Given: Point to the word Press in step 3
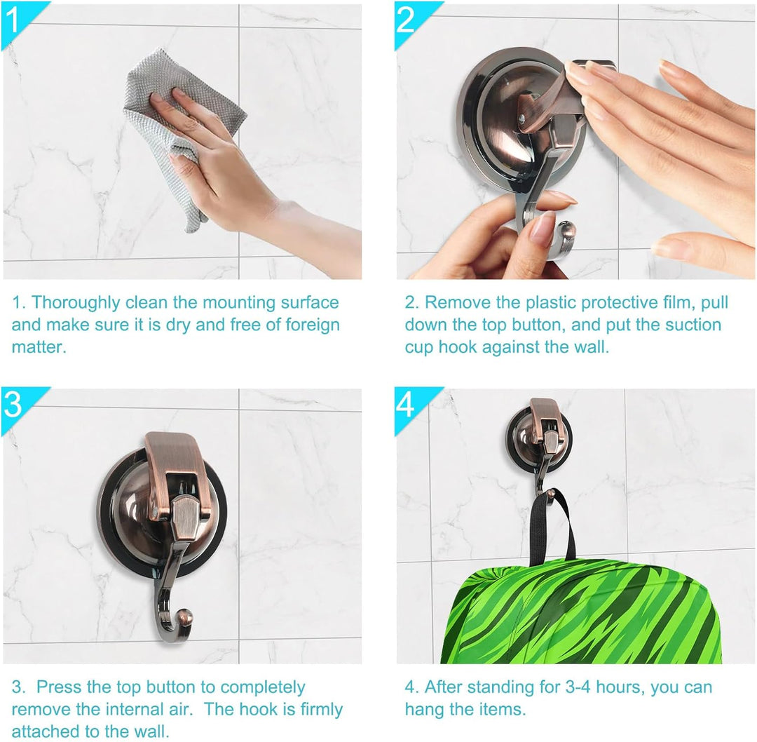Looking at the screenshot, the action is pos(58,687).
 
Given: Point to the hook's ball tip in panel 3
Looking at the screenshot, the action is pos(185,618).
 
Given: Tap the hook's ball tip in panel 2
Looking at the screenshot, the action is pos(567,231).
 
